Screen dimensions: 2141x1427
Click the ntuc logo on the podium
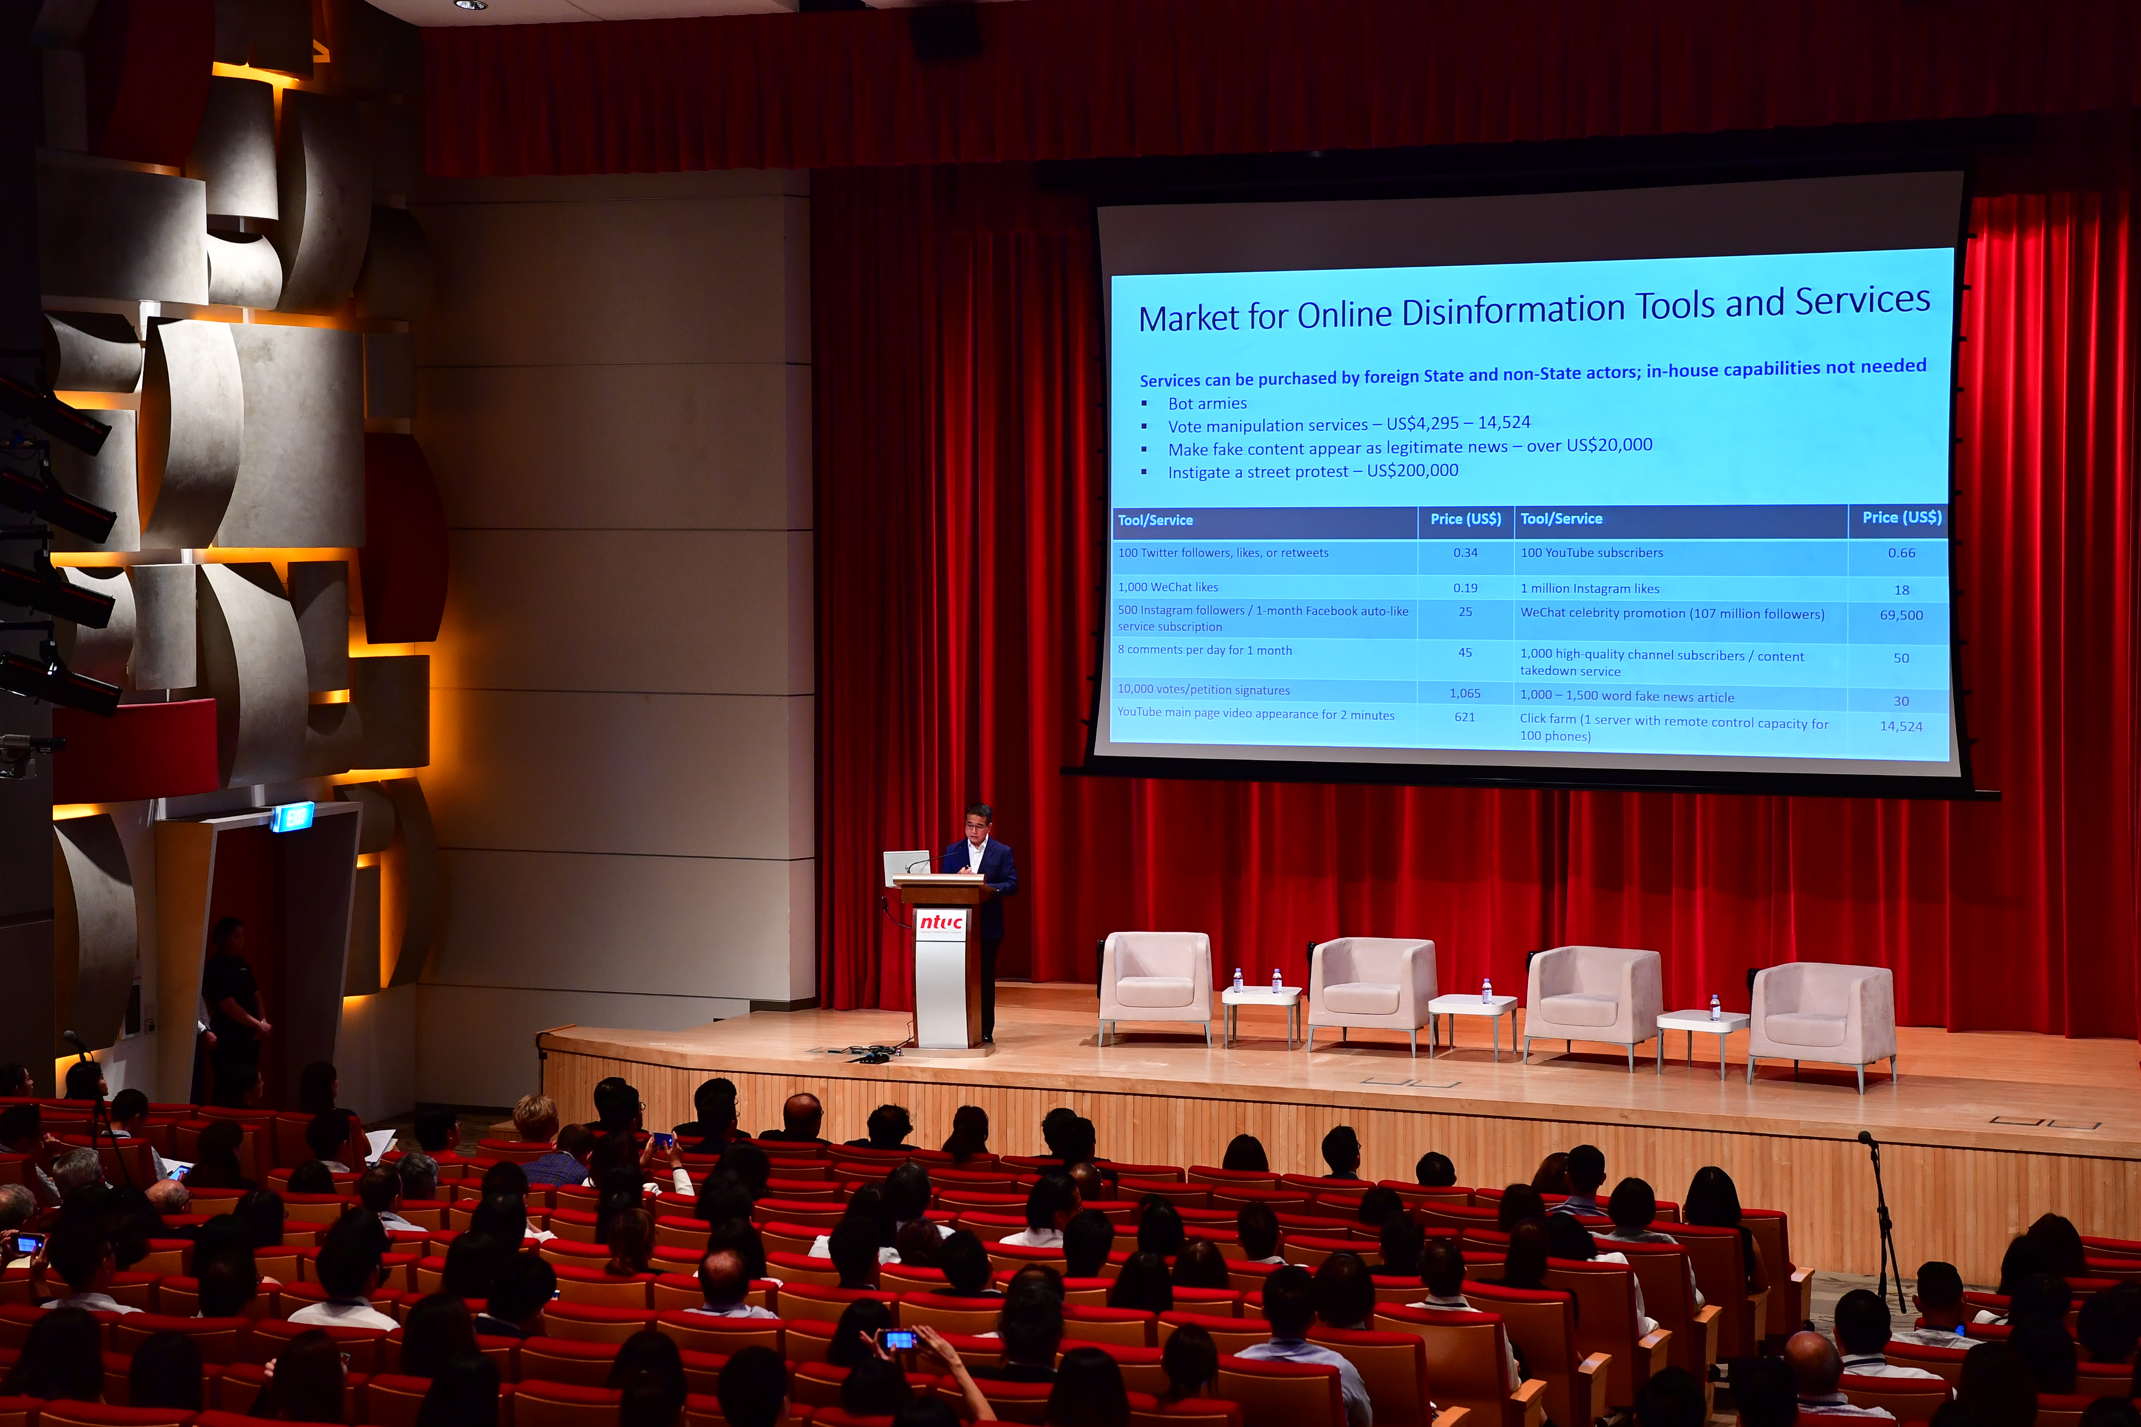click(940, 923)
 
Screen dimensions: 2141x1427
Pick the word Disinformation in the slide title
click(1513, 310)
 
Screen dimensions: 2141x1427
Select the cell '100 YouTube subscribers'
click(1591, 553)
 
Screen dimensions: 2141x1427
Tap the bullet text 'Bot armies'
click(1207, 403)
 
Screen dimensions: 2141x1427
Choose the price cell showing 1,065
click(1465, 694)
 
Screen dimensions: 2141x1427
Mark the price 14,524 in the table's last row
click(1901, 726)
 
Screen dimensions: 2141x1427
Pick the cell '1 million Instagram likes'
click(1589, 589)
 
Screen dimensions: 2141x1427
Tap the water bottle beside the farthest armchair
click(1715, 1007)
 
